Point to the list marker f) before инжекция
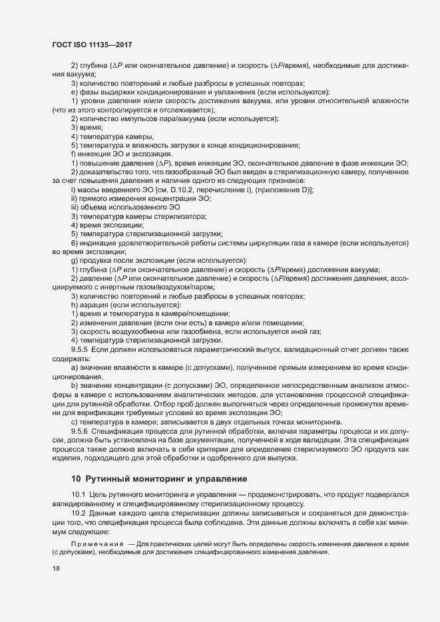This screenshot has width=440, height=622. coord(73,154)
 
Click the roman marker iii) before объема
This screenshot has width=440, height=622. coord(75,208)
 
